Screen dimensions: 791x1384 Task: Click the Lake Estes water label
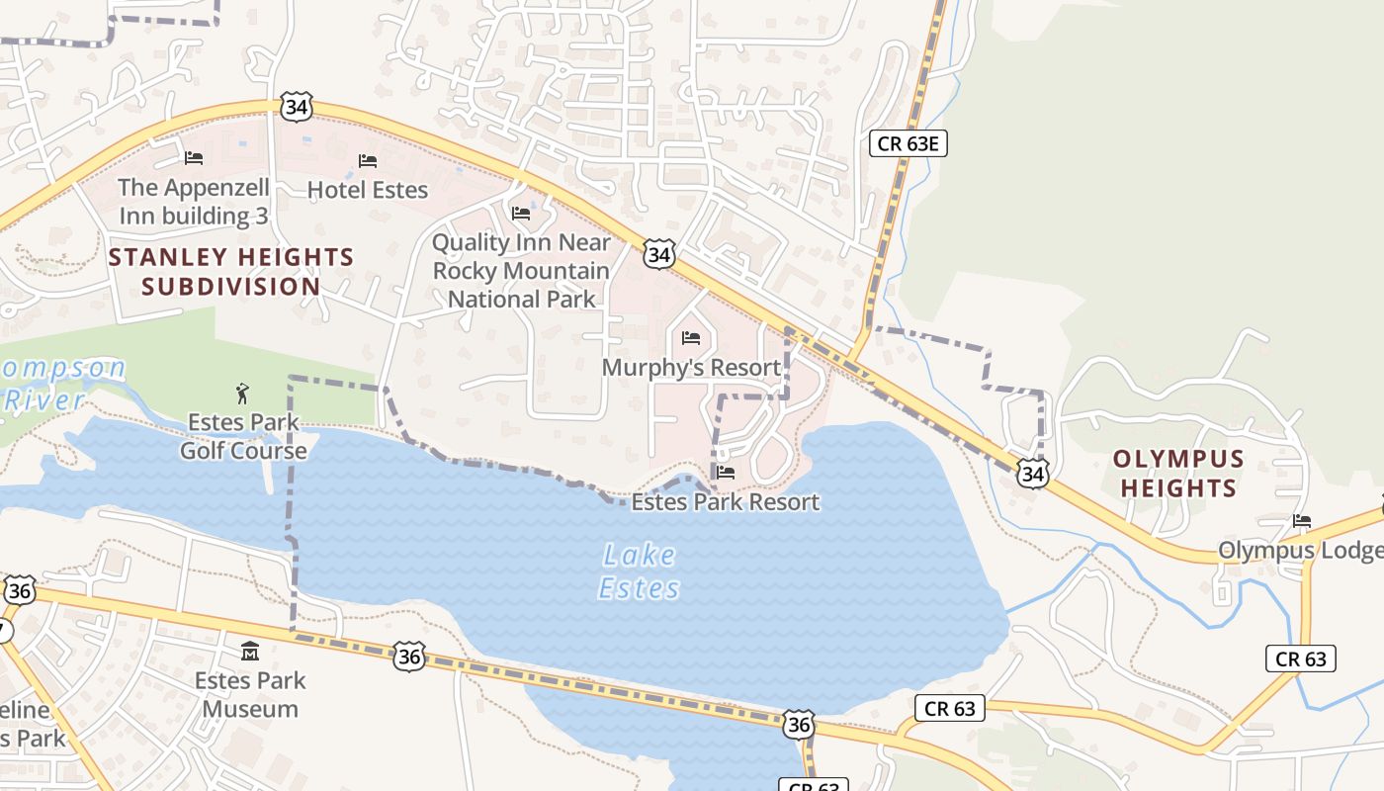(x=640, y=571)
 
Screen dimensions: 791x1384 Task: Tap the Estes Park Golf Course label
(x=243, y=437)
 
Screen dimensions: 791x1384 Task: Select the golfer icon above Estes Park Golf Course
(x=243, y=395)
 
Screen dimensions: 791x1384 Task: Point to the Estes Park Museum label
(x=250, y=694)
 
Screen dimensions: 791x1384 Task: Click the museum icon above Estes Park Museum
(x=250, y=652)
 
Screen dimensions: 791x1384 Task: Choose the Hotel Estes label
(x=368, y=190)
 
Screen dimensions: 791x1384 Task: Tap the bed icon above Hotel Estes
(x=368, y=160)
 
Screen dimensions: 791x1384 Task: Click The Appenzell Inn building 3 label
(x=194, y=202)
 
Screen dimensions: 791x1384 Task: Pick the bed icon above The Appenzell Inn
(x=194, y=158)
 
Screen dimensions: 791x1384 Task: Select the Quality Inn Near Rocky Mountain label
(x=522, y=271)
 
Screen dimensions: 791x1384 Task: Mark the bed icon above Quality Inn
(x=521, y=214)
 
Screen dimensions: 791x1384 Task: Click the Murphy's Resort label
(x=692, y=368)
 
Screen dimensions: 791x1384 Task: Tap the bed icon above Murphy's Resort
(x=691, y=339)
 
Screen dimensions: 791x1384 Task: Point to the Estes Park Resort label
(x=726, y=502)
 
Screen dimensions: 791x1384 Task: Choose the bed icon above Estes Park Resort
(x=726, y=473)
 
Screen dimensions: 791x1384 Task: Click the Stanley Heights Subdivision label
(x=231, y=272)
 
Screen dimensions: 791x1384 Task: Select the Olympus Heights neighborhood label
(x=1178, y=474)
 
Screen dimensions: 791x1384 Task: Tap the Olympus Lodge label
(x=1300, y=551)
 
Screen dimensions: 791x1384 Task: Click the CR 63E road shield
(x=908, y=143)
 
